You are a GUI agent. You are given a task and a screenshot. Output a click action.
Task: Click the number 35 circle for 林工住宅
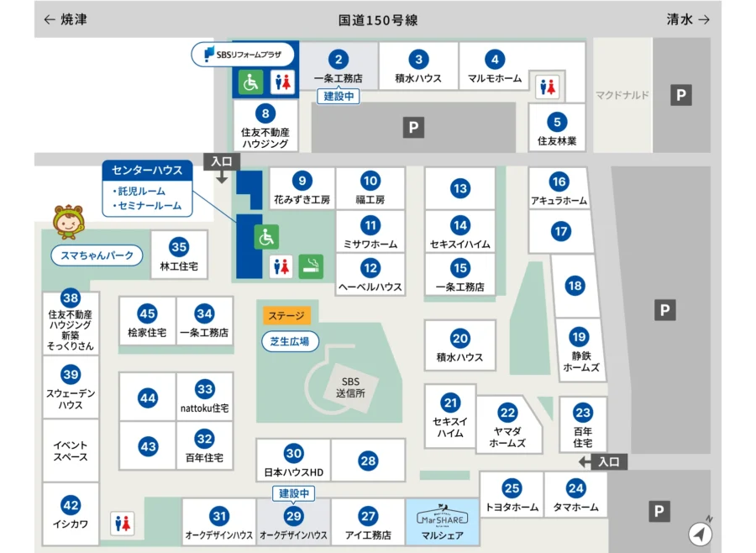[x=178, y=247]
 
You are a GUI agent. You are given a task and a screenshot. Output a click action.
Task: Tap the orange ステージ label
[x=287, y=316]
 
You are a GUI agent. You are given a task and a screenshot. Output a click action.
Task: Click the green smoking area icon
[x=312, y=266]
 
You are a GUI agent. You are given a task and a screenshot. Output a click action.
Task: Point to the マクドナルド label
[x=622, y=95]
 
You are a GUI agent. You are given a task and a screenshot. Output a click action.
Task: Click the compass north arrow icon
[x=701, y=533]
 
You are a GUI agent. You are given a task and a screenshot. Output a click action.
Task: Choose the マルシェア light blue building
[x=442, y=522]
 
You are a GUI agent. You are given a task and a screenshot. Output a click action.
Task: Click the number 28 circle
[x=368, y=461]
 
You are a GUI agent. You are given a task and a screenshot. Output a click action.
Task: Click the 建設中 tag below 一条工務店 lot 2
[x=340, y=97]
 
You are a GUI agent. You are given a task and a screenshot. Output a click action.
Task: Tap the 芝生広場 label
[x=290, y=341]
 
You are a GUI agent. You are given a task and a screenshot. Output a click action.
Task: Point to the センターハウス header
[x=147, y=170]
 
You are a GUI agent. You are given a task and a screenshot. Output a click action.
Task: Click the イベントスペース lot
[x=71, y=450]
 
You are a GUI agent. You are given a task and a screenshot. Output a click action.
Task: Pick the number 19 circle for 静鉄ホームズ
[x=579, y=337]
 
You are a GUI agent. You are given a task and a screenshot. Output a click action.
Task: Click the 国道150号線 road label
[x=378, y=19]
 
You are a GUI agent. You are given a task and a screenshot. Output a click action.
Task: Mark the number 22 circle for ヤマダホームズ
[x=507, y=413]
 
